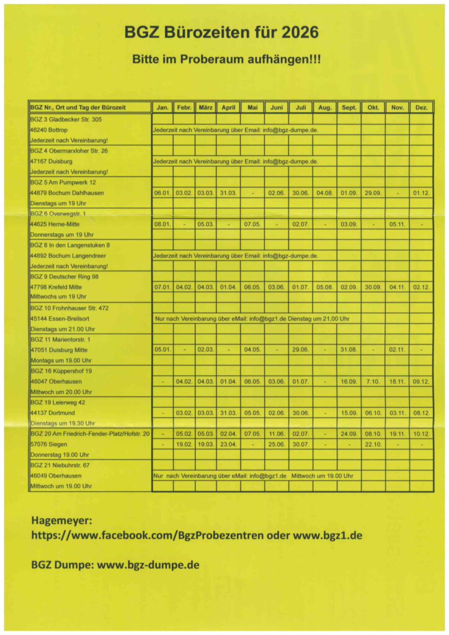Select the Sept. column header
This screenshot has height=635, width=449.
(349, 107)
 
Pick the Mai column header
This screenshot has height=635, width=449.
(252, 107)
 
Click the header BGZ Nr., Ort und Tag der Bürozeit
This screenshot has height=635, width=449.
(78, 107)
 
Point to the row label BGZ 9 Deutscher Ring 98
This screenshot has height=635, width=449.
(64, 277)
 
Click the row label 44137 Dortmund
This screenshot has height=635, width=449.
(53, 412)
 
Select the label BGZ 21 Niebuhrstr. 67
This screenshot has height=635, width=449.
(61, 465)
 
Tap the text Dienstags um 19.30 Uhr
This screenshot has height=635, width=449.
(62, 423)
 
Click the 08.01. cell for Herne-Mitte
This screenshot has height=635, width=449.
(162, 224)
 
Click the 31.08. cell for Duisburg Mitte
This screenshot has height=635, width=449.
(349, 350)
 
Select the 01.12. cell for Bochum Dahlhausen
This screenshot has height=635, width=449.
(421, 193)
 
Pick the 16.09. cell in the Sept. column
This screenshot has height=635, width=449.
(349, 381)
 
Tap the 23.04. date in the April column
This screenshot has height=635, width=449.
(228, 444)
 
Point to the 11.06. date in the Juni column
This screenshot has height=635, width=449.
(277, 433)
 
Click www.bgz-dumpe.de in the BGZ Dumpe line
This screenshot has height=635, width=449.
(148, 565)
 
